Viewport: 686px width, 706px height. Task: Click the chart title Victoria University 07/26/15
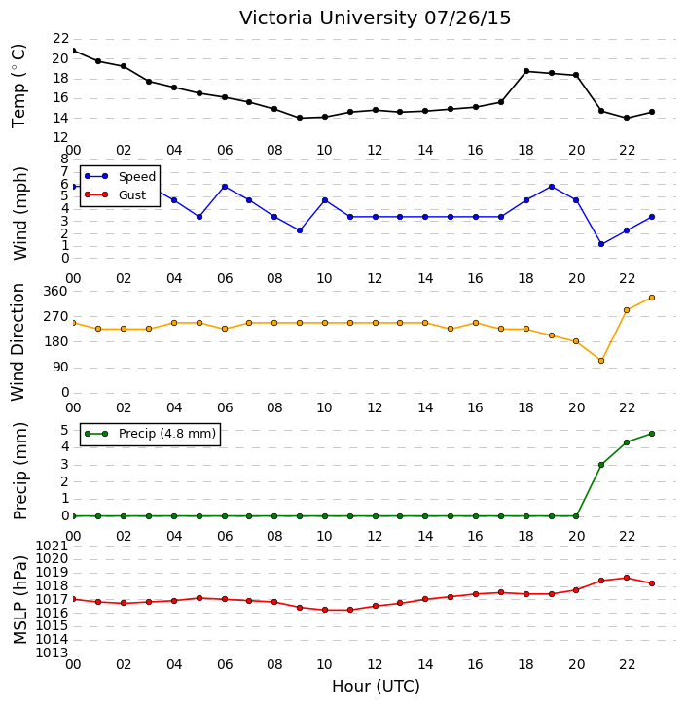click(375, 18)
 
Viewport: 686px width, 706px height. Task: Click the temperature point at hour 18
click(526, 71)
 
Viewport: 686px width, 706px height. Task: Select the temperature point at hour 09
click(300, 118)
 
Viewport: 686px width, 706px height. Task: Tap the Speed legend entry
click(120, 177)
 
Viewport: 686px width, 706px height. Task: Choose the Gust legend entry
click(116, 194)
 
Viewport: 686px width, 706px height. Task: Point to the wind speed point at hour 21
click(601, 244)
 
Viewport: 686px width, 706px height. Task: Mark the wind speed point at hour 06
click(225, 187)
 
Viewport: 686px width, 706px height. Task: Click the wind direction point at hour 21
click(601, 361)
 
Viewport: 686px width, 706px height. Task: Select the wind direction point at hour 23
click(652, 298)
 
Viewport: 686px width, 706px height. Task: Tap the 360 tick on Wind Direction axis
click(54, 292)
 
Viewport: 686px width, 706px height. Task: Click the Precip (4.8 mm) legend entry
click(150, 434)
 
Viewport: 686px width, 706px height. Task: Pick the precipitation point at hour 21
click(601, 465)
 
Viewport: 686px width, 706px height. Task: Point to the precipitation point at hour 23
click(652, 434)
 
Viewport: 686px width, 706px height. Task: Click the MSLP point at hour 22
click(627, 578)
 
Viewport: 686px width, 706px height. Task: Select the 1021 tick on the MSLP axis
click(52, 547)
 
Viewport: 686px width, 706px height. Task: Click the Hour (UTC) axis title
click(376, 687)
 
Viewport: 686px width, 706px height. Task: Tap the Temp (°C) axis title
click(18, 86)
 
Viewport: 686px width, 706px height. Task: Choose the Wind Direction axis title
click(18, 342)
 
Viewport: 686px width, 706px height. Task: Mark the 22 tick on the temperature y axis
click(60, 39)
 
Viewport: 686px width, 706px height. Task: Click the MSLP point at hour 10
click(325, 610)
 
